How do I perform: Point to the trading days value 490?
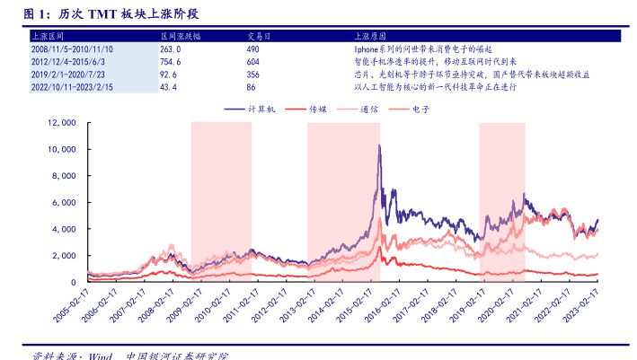coord(252,49)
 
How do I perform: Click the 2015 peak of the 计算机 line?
coord(379,145)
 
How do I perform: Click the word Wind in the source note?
coord(97,355)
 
